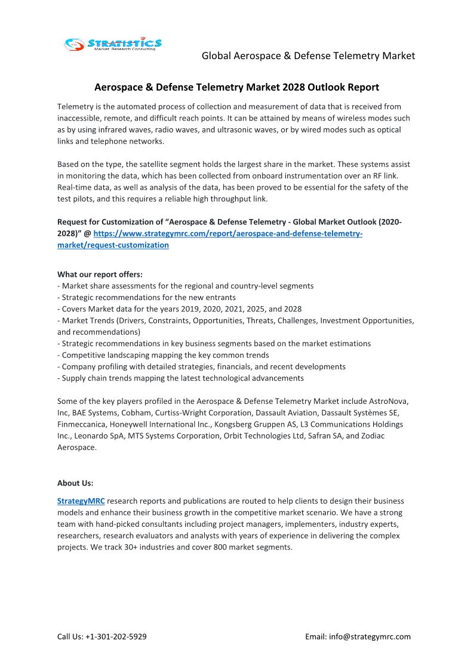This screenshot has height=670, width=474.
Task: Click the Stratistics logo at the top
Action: tap(113, 44)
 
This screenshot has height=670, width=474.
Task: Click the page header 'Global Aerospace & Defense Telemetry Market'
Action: tap(308, 55)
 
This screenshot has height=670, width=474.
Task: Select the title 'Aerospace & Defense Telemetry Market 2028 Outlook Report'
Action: tap(236, 87)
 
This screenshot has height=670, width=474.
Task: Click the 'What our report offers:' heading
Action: tap(100, 274)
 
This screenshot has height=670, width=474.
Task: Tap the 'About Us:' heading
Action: tap(75, 483)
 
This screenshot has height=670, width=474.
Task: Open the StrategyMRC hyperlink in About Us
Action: tap(81, 501)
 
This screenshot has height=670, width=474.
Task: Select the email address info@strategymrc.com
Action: tap(370, 637)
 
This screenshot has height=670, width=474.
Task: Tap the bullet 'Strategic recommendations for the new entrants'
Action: tap(148, 297)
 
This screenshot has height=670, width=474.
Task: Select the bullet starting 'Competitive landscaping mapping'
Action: tap(165, 355)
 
